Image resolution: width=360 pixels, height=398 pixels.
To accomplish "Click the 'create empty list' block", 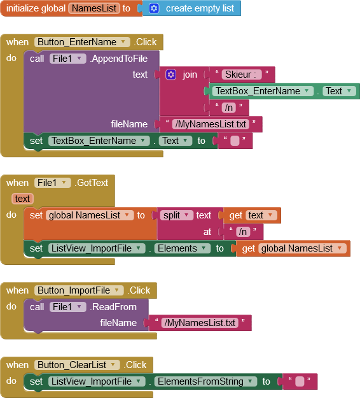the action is click(x=191, y=8).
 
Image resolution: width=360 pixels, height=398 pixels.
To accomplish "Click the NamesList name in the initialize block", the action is click(x=94, y=8).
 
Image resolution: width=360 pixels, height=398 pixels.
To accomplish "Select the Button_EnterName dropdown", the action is click(x=82, y=42).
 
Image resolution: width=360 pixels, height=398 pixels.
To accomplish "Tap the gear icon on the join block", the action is click(x=170, y=75).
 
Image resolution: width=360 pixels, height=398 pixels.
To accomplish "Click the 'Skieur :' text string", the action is click(x=241, y=75).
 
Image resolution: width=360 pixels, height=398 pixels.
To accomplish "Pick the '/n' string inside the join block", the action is click(x=229, y=108).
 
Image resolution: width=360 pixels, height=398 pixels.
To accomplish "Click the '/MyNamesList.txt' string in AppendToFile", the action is click(x=211, y=124).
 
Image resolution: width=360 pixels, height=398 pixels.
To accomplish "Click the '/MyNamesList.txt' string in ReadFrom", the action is click(x=200, y=323).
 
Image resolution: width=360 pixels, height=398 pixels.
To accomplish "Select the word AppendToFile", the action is click(x=119, y=59).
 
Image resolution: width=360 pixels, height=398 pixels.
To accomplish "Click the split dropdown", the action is click(x=176, y=215).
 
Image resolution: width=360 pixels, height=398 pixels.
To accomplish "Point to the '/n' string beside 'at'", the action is click(x=243, y=232).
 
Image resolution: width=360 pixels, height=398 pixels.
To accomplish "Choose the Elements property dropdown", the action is click(x=183, y=248).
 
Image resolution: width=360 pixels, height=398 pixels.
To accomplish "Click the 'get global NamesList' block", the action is click(x=293, y=248).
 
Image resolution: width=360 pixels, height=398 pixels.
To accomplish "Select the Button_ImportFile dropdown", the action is click(x=79, y=290).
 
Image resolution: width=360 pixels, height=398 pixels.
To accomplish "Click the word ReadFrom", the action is click(x=114, y=307).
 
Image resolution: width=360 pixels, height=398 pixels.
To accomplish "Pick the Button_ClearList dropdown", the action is click(x=77, y=365).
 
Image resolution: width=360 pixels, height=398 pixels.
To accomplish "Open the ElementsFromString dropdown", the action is click(x=205, y=381).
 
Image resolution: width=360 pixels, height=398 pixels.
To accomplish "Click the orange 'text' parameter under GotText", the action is click(x=22, y=199).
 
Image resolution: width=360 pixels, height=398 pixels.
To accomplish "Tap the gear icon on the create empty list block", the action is click(x=154, y=8).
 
